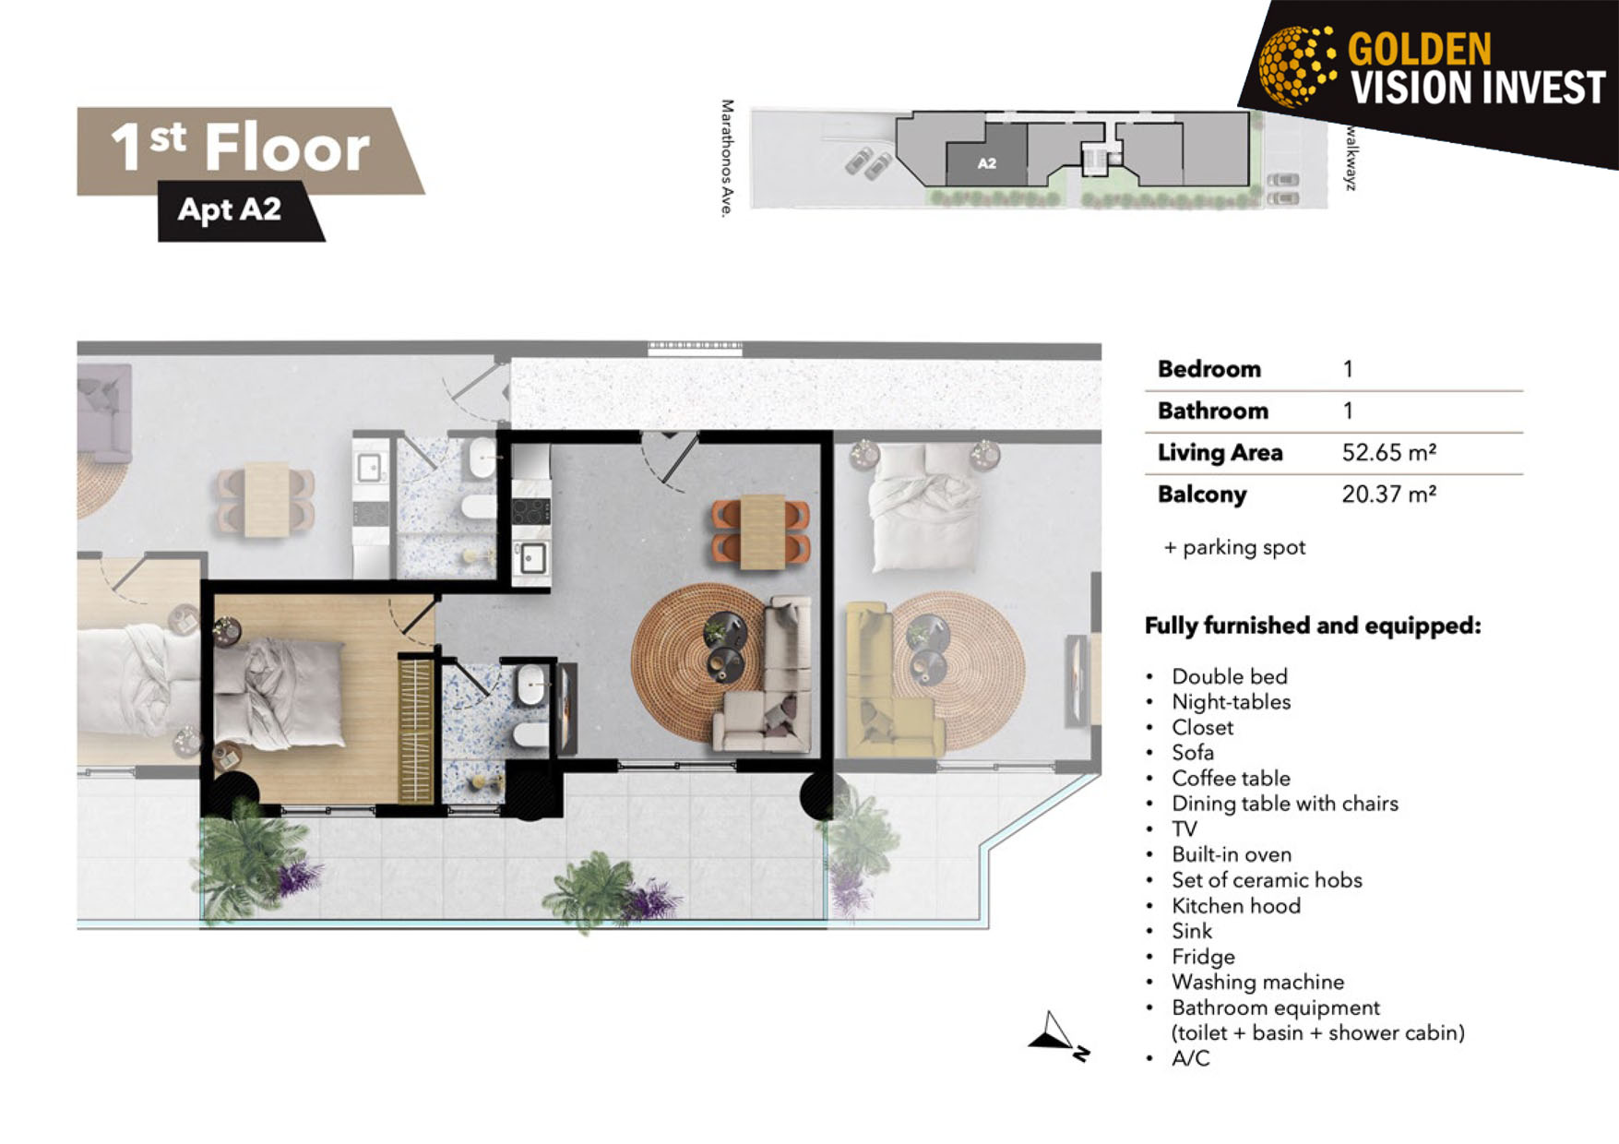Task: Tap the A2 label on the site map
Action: pyautogui.click(x=986, y=163)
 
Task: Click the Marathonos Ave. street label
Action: pyautogui.click(x=728, y=159)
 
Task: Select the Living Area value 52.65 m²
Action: pyautogui.click(x=1388, y=452)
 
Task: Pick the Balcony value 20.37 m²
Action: pyautogui.click(x=1388, y=494)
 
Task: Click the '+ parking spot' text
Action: pyautogui.click(x=1234, y=548)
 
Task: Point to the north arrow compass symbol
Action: pyautogui.click(x=1058, y=1035)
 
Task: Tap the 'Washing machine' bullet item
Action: pyautogui.click(x=1257, y=982)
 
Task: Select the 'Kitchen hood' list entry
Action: pyautogui.click(x=1236, y=906)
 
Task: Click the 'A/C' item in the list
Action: pyautogui.click(x=1190, y=1058)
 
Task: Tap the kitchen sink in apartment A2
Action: pyautogui.click(x=532, y=558)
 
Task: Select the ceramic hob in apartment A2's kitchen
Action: pyautogui.click(x=531, y=510)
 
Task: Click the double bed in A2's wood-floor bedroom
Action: pyautogui.click(x=281, y=692)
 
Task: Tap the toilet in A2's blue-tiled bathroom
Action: pyautogui.click(x=530, y=736)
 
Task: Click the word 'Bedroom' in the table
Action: pyautogui.click(x=1208, y=369)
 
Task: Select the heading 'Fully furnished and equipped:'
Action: pyautogui.click(x=1313, y=626)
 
